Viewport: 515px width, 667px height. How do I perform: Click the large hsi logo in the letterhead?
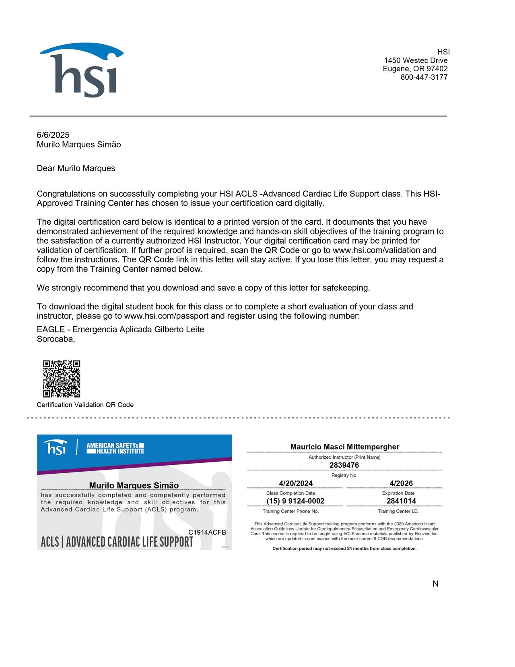[x=82, y=70]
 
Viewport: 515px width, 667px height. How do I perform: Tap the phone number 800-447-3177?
[x=424, y=77]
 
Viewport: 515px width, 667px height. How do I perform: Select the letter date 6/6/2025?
[x=53, y=135]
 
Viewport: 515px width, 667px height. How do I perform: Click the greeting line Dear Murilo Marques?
[x=76, y=168]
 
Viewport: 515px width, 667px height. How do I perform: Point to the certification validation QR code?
[x=62, y=379]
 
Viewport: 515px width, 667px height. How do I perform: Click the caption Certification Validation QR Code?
[x=85, y=405]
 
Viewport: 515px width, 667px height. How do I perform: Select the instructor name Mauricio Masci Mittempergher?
[x=345, y=447]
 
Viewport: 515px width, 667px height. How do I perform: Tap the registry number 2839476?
[x=344, y=465]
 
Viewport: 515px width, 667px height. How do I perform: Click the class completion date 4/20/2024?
[x=296, y=483]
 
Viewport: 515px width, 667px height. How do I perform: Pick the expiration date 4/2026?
[x=401, y=483]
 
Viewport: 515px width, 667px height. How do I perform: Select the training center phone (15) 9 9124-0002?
[x=295, y=501]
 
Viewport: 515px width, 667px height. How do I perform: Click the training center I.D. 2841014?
[x=401, y=501]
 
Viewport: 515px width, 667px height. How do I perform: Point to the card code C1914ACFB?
[x=207, y=532]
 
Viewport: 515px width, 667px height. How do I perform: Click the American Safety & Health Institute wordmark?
[x=115, y=448]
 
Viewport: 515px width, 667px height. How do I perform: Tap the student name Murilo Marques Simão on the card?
[x=134, y=485]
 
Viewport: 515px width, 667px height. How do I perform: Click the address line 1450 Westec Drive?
[x=416, y=60]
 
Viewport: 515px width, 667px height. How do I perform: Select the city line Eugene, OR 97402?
[x=415, y=69]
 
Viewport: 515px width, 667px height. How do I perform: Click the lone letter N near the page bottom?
[x=435, y=584]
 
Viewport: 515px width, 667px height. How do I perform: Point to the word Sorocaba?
[x=56, y=339]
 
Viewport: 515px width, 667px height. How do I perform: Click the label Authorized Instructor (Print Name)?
[x=344, y=457]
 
